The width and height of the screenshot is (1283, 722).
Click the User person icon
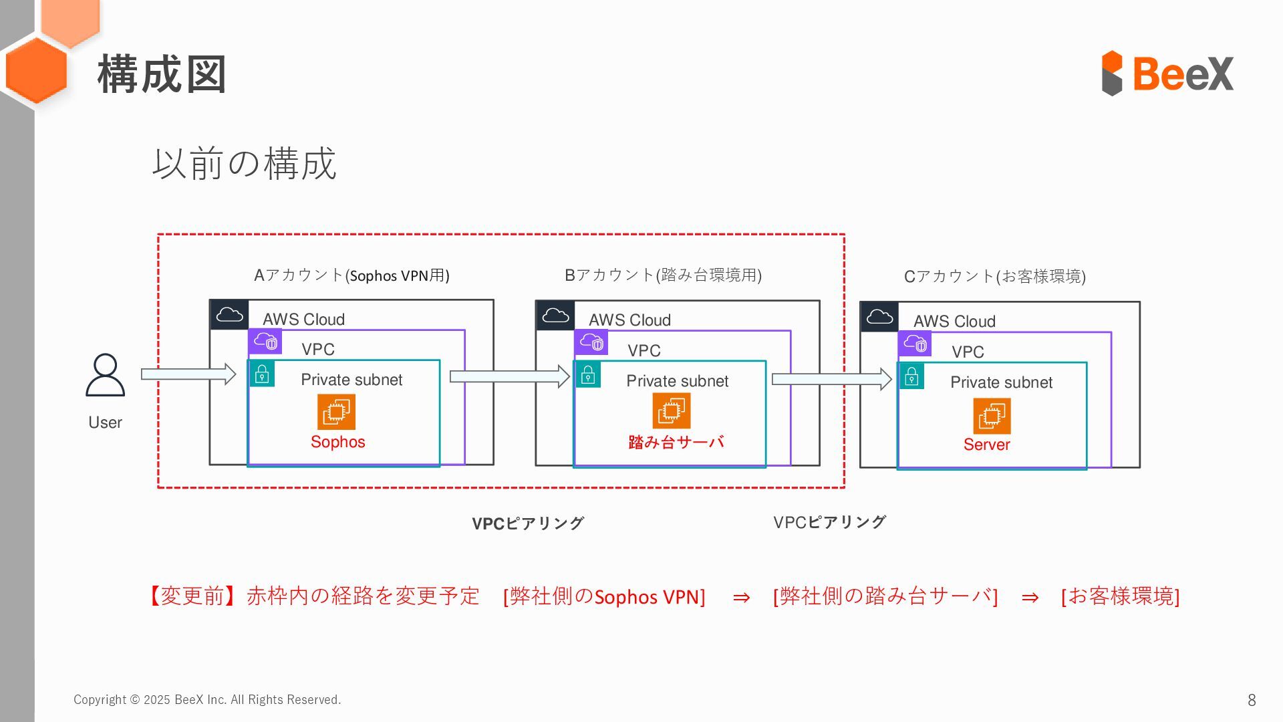pos(106,375)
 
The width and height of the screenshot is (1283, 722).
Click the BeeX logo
pos(1167,73)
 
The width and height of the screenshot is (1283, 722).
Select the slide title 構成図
pos(162,74)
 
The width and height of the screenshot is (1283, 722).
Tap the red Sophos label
pos(337,442)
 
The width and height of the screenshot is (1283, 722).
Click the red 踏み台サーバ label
pos(676,442)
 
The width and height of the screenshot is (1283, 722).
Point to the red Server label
pos(986,445)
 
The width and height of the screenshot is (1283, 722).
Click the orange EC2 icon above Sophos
pos(336,412)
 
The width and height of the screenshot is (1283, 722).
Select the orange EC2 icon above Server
pos(992,416)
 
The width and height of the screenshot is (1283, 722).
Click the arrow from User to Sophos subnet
pos(188,374)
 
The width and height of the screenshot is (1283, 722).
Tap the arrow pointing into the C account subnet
pos(831,379)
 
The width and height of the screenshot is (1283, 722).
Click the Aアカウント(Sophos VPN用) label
pos(351,275)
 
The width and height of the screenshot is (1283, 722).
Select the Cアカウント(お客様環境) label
pos(994,277)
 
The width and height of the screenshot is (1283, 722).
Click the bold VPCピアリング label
pos(528,523)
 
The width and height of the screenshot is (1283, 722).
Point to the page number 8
pos(1252,700)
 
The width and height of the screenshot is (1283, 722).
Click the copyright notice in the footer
pos(207,700)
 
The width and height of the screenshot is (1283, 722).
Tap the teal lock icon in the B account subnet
pos(588,375)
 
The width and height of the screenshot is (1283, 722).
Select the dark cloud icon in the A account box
pos(229,315)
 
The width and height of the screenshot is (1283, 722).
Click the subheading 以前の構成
pos(244,164)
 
